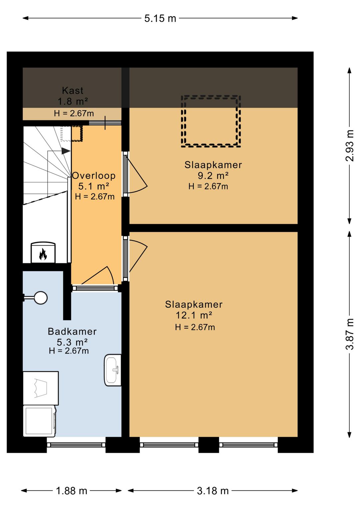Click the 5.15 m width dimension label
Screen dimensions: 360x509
coord(160,18)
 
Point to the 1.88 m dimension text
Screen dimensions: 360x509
coord(72,491)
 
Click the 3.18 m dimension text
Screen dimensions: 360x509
coord(213,491)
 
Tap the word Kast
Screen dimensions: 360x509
coord(73,91)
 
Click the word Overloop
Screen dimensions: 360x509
coord(94,176)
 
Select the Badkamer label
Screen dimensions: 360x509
coord(72,332)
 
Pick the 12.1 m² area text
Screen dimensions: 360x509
coord(194,315)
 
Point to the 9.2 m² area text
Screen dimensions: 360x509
coord(213,176)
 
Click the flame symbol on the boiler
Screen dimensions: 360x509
coord(43,254)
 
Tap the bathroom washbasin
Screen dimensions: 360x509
coord(113,370)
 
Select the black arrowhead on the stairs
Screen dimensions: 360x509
coord(66,151)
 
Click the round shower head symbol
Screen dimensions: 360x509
coord(41,298)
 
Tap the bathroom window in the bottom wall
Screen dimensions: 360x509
coord(76,445)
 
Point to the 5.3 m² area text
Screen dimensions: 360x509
coord(72,342)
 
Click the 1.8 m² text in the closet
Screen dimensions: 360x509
coord(73,101)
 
